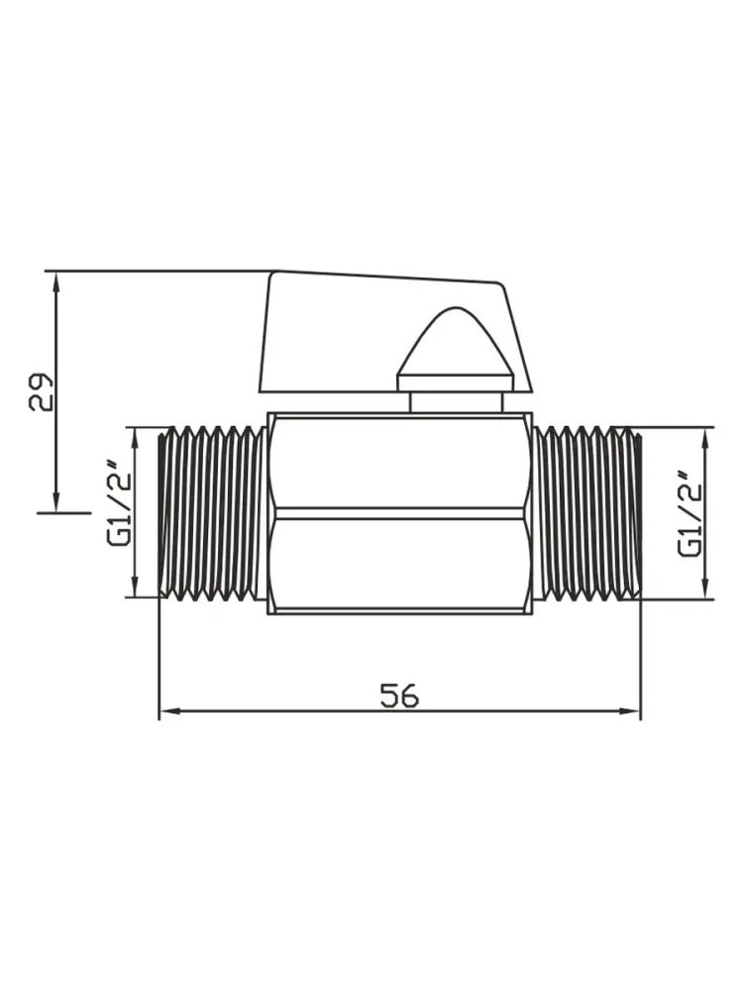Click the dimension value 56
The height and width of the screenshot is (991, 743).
click(399, 696)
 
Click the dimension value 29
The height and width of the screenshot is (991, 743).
click(43, 391)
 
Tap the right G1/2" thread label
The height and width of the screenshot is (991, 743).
click(690, 513)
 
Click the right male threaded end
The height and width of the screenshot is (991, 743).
click(587, 512)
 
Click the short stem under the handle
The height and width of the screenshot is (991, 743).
click(456, 402)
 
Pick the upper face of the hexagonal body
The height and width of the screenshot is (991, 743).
click(399, 462)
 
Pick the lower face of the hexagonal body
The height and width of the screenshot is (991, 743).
click(399, 566)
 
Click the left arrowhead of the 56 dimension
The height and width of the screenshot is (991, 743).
click(169, 711)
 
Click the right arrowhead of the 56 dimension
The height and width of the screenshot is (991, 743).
click(630, 711)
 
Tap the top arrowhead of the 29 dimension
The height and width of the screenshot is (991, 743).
click(56, 282)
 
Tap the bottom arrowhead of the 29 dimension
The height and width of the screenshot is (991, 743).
click(56, 501)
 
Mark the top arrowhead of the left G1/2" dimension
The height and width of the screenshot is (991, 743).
click(134, 438)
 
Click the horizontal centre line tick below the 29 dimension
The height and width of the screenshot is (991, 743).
click(64, 512)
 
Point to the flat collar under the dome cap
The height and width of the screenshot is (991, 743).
click(455, 384)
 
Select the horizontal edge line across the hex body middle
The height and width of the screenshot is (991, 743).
click(399, 513)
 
